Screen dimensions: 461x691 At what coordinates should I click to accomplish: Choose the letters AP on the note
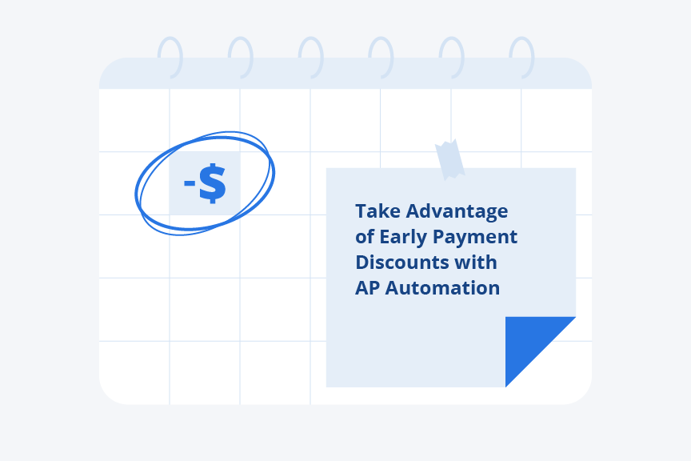[367, 288]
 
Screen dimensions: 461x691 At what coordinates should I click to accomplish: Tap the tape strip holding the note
[449, 158]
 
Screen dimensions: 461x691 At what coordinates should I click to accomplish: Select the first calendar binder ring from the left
[170, 58]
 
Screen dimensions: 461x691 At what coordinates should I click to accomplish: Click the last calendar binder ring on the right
[521, 58]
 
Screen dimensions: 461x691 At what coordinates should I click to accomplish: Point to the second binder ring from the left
[240, 58]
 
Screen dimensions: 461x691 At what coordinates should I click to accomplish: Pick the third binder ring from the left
[310, 58]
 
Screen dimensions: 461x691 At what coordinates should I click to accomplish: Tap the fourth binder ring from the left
[381, 58]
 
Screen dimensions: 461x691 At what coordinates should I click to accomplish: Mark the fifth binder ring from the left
[451, 58]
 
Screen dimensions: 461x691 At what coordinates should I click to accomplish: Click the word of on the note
[365, 237]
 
